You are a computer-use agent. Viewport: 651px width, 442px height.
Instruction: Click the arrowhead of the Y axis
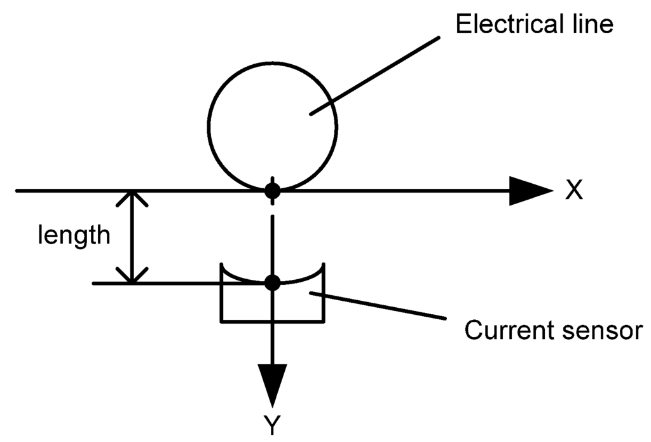click(x=272, y=384)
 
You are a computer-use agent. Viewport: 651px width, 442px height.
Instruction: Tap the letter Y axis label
click(x=272, y=426)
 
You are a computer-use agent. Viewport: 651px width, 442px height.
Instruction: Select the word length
click(x=74, y=236)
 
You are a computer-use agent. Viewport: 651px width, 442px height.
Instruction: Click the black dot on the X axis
click(x=272, y=190)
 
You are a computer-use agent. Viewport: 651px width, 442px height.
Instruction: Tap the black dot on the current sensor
click(x=272, y=283)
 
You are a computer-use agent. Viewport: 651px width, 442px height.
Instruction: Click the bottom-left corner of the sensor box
click(x=221, y=321)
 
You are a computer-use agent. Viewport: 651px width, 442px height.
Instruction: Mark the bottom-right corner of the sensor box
click(x=324, y=321)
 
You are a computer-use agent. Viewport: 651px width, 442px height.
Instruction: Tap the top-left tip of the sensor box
click(x=221, y=263)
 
